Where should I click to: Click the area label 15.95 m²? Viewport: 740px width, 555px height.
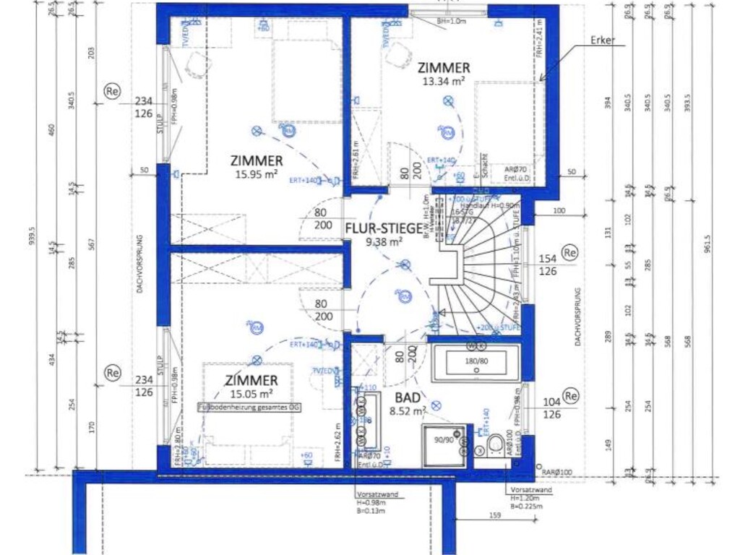[x=257, y=174]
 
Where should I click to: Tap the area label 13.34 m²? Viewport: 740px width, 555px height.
[x=444, y=82]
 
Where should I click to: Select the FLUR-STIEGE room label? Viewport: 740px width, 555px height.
[x=383, y=228]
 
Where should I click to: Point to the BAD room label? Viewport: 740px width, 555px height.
[x=408, y=397]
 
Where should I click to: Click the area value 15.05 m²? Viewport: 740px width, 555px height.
[x=251, y=394]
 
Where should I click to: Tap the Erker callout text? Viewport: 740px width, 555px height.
[x=603, y=40]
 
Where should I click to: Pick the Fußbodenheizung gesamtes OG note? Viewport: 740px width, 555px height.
[x=249, y=408]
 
